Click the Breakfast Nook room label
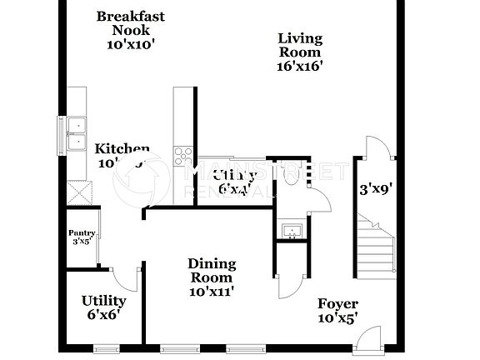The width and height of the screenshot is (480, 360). tap(132, 23)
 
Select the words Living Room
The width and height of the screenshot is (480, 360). tap(300, 45)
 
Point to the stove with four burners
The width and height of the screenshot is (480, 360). tap(182, 154)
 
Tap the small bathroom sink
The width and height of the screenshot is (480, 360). tap(291, 230)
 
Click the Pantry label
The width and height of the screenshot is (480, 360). tap(82, 237)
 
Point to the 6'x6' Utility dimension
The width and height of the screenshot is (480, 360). tap(103, 316)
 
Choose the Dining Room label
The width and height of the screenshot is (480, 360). tap(212, 271)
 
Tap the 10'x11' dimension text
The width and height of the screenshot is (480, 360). tap(212, 291)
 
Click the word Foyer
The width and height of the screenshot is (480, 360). tap(338, 303)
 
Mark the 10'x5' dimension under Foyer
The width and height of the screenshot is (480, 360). tap(338, 318)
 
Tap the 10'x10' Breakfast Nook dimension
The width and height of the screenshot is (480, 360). tap(132, 45)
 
